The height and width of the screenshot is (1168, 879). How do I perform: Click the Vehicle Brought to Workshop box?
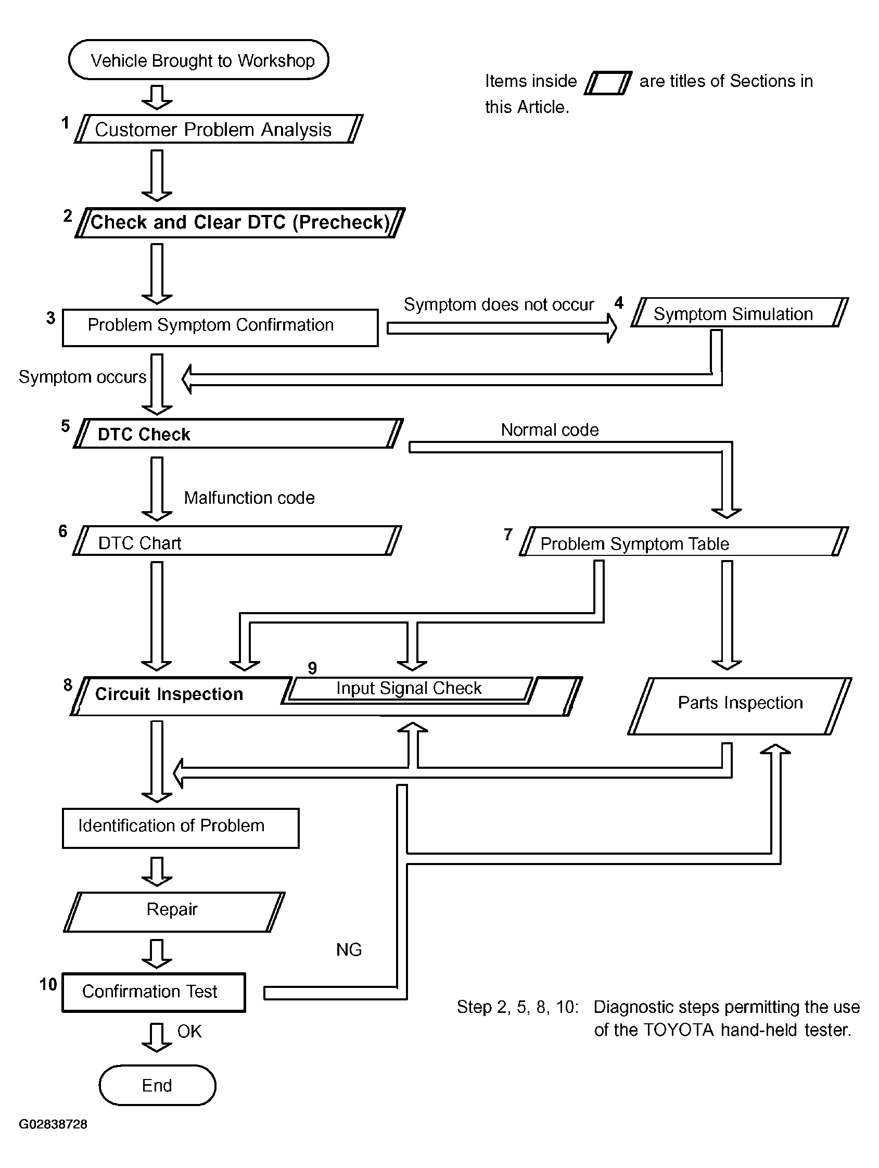(x=198, y=60)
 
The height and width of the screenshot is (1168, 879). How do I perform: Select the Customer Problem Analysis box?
(x=218, y=130)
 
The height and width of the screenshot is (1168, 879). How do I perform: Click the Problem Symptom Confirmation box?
(x=220, y=328)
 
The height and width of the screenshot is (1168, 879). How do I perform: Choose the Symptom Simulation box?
(x=739, y=313)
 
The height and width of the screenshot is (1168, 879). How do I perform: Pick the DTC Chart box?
(x=236, y=541)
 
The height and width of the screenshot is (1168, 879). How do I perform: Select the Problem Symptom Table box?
(x=684, y=542)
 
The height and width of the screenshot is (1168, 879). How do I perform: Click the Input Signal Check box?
(x=409, y=689)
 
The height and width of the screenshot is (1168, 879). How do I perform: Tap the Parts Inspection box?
(x=740, y=705)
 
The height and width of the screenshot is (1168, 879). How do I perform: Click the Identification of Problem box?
(x=181, y=828)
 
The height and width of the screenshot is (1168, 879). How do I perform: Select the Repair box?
(x=174, y=912)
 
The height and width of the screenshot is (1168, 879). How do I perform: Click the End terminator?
(x=157, y=1085)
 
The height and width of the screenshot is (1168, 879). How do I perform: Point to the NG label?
(x=349, y=950)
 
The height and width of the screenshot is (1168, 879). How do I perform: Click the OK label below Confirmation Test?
(x=189, y=1031)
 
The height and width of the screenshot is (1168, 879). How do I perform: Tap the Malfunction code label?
(x=249, y=498)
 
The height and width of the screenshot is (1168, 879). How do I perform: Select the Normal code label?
(x=550, y=430)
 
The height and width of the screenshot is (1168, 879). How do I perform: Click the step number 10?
(x=48, y=984)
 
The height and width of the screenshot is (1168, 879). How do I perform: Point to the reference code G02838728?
(x=53, y=1124)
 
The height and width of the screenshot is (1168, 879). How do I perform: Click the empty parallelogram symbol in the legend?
(x=608, y=83)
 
